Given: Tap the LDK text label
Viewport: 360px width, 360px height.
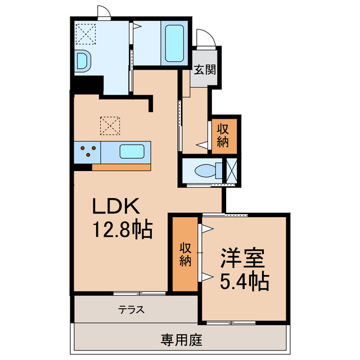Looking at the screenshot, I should click(x=115, y=208).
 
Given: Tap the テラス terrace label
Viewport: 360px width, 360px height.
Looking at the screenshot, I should click(x=132, y=309).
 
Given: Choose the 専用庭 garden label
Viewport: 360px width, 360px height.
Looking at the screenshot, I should click(x=181, y=340).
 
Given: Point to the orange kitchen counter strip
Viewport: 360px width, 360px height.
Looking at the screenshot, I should click(x=122, y=166).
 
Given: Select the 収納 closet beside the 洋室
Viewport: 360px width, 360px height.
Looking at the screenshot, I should click(x=186, y=254).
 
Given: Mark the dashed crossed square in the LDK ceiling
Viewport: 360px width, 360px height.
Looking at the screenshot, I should click(x=110, y=125).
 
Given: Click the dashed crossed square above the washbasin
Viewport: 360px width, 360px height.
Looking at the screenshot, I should click(x=87, y=33).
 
